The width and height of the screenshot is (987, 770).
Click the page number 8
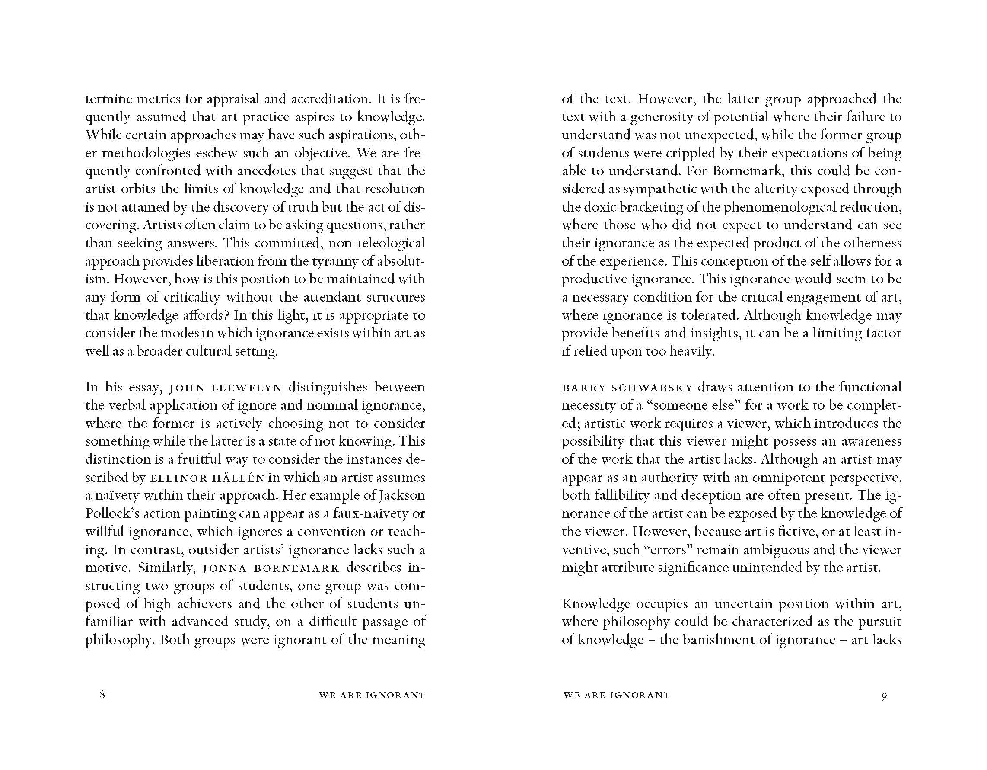(x=102, y=694)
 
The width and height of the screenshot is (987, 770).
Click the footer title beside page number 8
(x=372, y=695)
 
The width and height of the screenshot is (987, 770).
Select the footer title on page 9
(x=616, y=695)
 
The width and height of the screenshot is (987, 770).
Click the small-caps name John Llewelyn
(x=226, y=388)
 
